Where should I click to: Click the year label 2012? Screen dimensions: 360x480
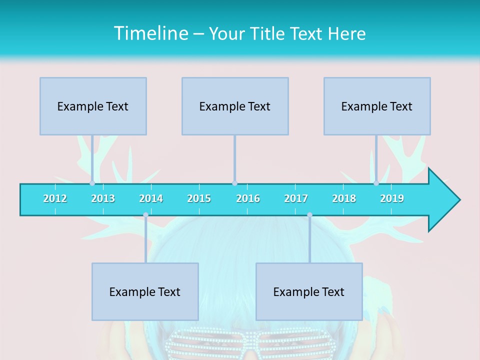(55, 198)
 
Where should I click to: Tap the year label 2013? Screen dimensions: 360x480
(103, 198)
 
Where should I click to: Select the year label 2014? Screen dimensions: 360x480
(151, 198)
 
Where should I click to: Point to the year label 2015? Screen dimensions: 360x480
(199, 198)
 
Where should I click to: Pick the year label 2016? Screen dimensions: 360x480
(248, 198)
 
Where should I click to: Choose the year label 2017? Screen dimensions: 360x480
(296, 198)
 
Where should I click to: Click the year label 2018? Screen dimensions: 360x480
(344, 198)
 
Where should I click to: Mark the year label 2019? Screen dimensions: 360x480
(392, 198)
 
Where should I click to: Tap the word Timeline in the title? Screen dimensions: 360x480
(150, 33)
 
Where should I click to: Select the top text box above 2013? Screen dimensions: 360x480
(93, 106)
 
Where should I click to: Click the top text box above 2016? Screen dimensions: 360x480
(235, 106)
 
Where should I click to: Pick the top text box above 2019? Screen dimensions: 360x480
(377, 106)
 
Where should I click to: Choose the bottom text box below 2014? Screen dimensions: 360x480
(145, 291)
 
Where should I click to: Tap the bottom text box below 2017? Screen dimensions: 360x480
(309, 291)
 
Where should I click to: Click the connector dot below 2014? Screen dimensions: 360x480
(145, 215)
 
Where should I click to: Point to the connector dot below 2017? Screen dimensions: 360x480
(309, 215)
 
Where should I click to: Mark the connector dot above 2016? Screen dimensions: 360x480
(234, 183)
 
